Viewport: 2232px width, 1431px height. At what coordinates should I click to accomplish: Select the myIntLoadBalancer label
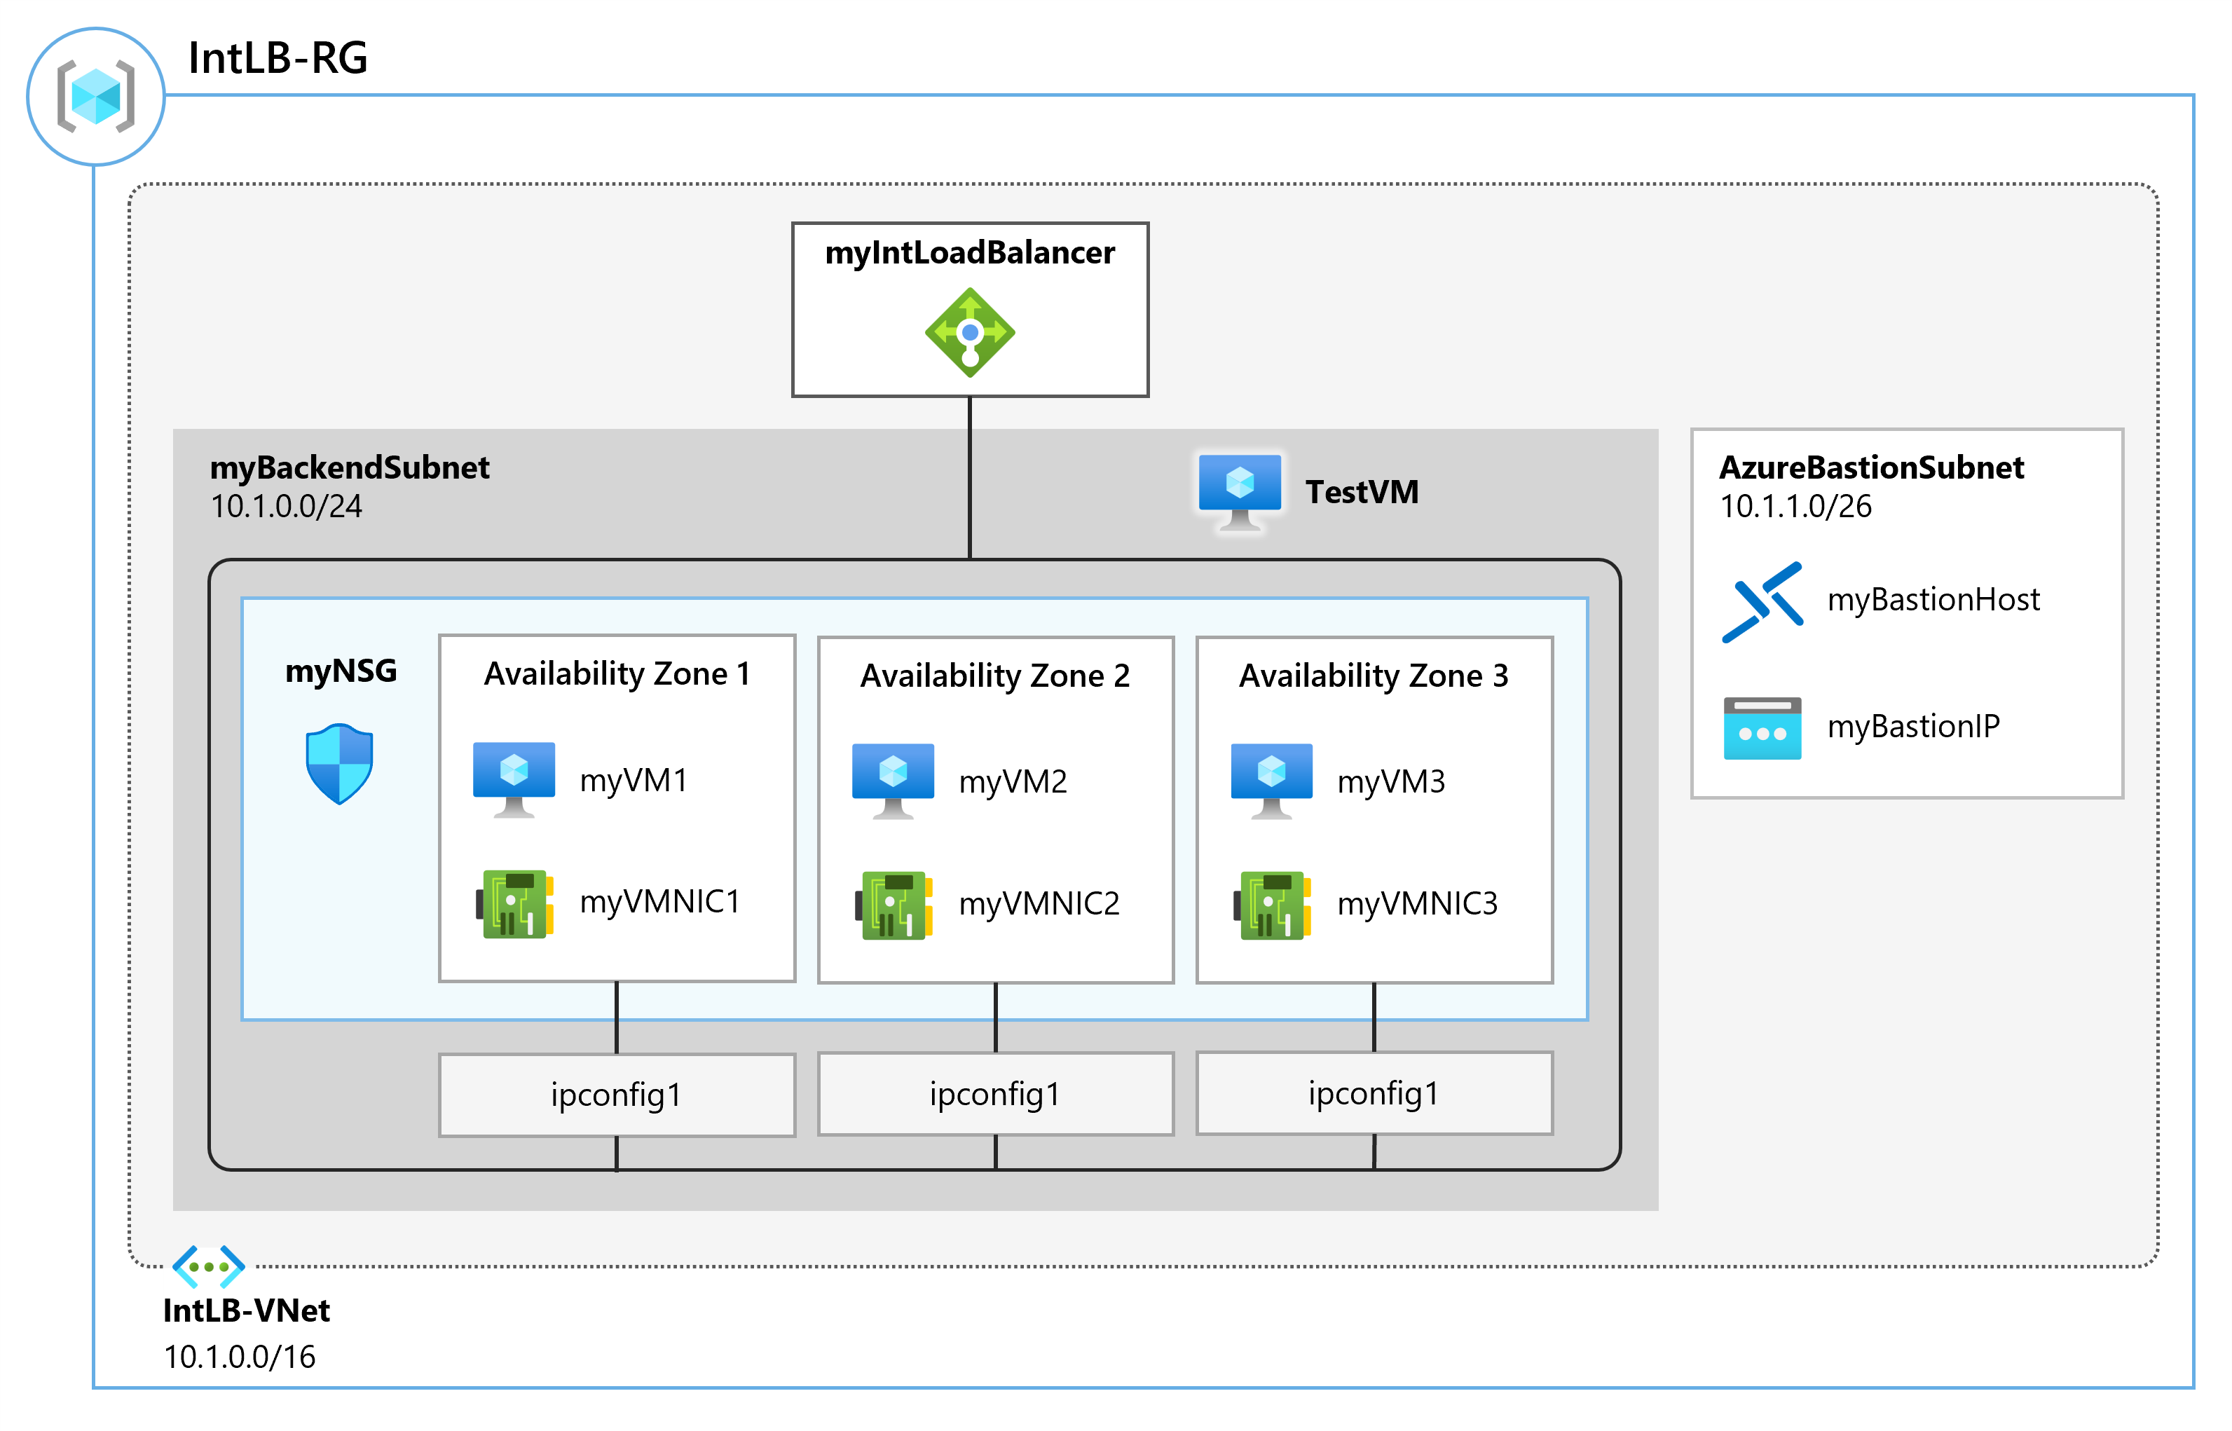click(969, 253)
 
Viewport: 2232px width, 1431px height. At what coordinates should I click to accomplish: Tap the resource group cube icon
click(96, 96)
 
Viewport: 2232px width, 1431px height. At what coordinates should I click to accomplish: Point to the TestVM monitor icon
click(1239, 490)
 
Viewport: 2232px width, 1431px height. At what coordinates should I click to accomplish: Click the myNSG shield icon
click(339, 763)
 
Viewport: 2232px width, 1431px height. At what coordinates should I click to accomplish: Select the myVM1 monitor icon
click(514, 778)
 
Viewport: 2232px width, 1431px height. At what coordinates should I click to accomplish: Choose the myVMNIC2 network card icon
click(893, 904)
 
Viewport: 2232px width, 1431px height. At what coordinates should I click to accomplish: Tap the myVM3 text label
click(1390, 781)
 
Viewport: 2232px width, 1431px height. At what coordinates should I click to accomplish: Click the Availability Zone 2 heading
click(994, 676)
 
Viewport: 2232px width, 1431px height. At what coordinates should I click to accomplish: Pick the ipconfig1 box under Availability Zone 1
click(616, 1095)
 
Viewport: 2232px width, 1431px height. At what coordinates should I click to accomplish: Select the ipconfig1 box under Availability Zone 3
click(1374, 1093)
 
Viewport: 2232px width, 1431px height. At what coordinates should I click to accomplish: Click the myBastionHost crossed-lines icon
click(1762, 601)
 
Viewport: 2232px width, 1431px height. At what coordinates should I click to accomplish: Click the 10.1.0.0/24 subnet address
click(286, 507)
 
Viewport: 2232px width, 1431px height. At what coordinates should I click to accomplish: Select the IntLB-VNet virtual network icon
click(208, 1266)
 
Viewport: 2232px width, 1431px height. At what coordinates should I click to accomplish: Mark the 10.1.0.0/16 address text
click(240, 1357)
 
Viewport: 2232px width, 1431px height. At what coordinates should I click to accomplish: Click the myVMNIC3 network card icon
click(1272, 904)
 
